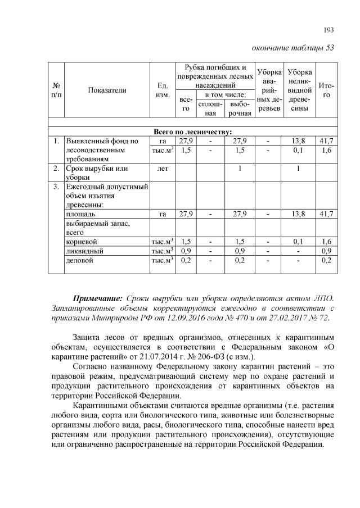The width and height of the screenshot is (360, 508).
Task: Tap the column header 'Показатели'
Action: point(107,89)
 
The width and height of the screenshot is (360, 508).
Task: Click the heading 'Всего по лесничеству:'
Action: point(193,131)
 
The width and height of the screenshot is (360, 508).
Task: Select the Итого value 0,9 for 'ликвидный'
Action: point(326,251)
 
